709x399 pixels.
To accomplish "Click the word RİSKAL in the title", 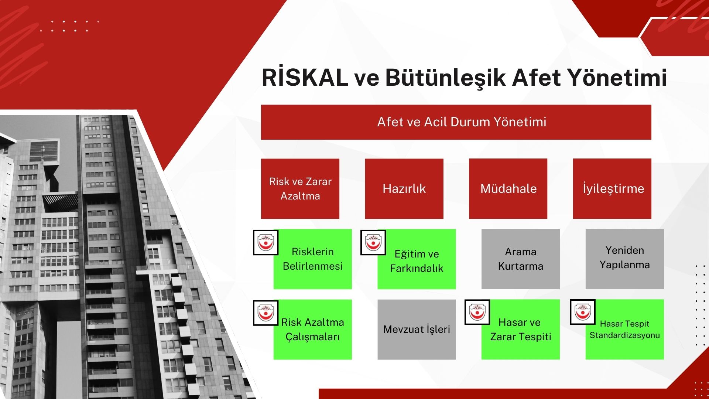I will click(x=305, y=78).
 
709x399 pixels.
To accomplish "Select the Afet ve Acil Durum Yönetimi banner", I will click(x=456, y=122).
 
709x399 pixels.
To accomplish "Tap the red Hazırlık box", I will click(x=404, y=189).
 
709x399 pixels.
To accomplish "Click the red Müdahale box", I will click(x=508, y=189).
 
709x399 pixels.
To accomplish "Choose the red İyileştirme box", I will click(x=612, y=189).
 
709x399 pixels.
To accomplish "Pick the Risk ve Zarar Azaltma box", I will click(x=300, y=189).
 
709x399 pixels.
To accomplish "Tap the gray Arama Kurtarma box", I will click(x=520, y=259).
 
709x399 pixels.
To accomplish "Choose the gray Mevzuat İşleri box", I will click(x=417, y=330).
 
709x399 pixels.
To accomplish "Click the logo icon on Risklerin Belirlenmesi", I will click(x=266, y=243).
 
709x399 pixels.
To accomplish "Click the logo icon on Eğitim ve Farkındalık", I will click(x=373, y=243).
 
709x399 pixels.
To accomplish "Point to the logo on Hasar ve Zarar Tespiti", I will click(x=477, y=312).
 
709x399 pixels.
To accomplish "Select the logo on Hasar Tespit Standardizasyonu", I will click(x=583, y=312).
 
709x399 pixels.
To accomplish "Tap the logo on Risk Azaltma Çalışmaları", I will click(x=266, y=313).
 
